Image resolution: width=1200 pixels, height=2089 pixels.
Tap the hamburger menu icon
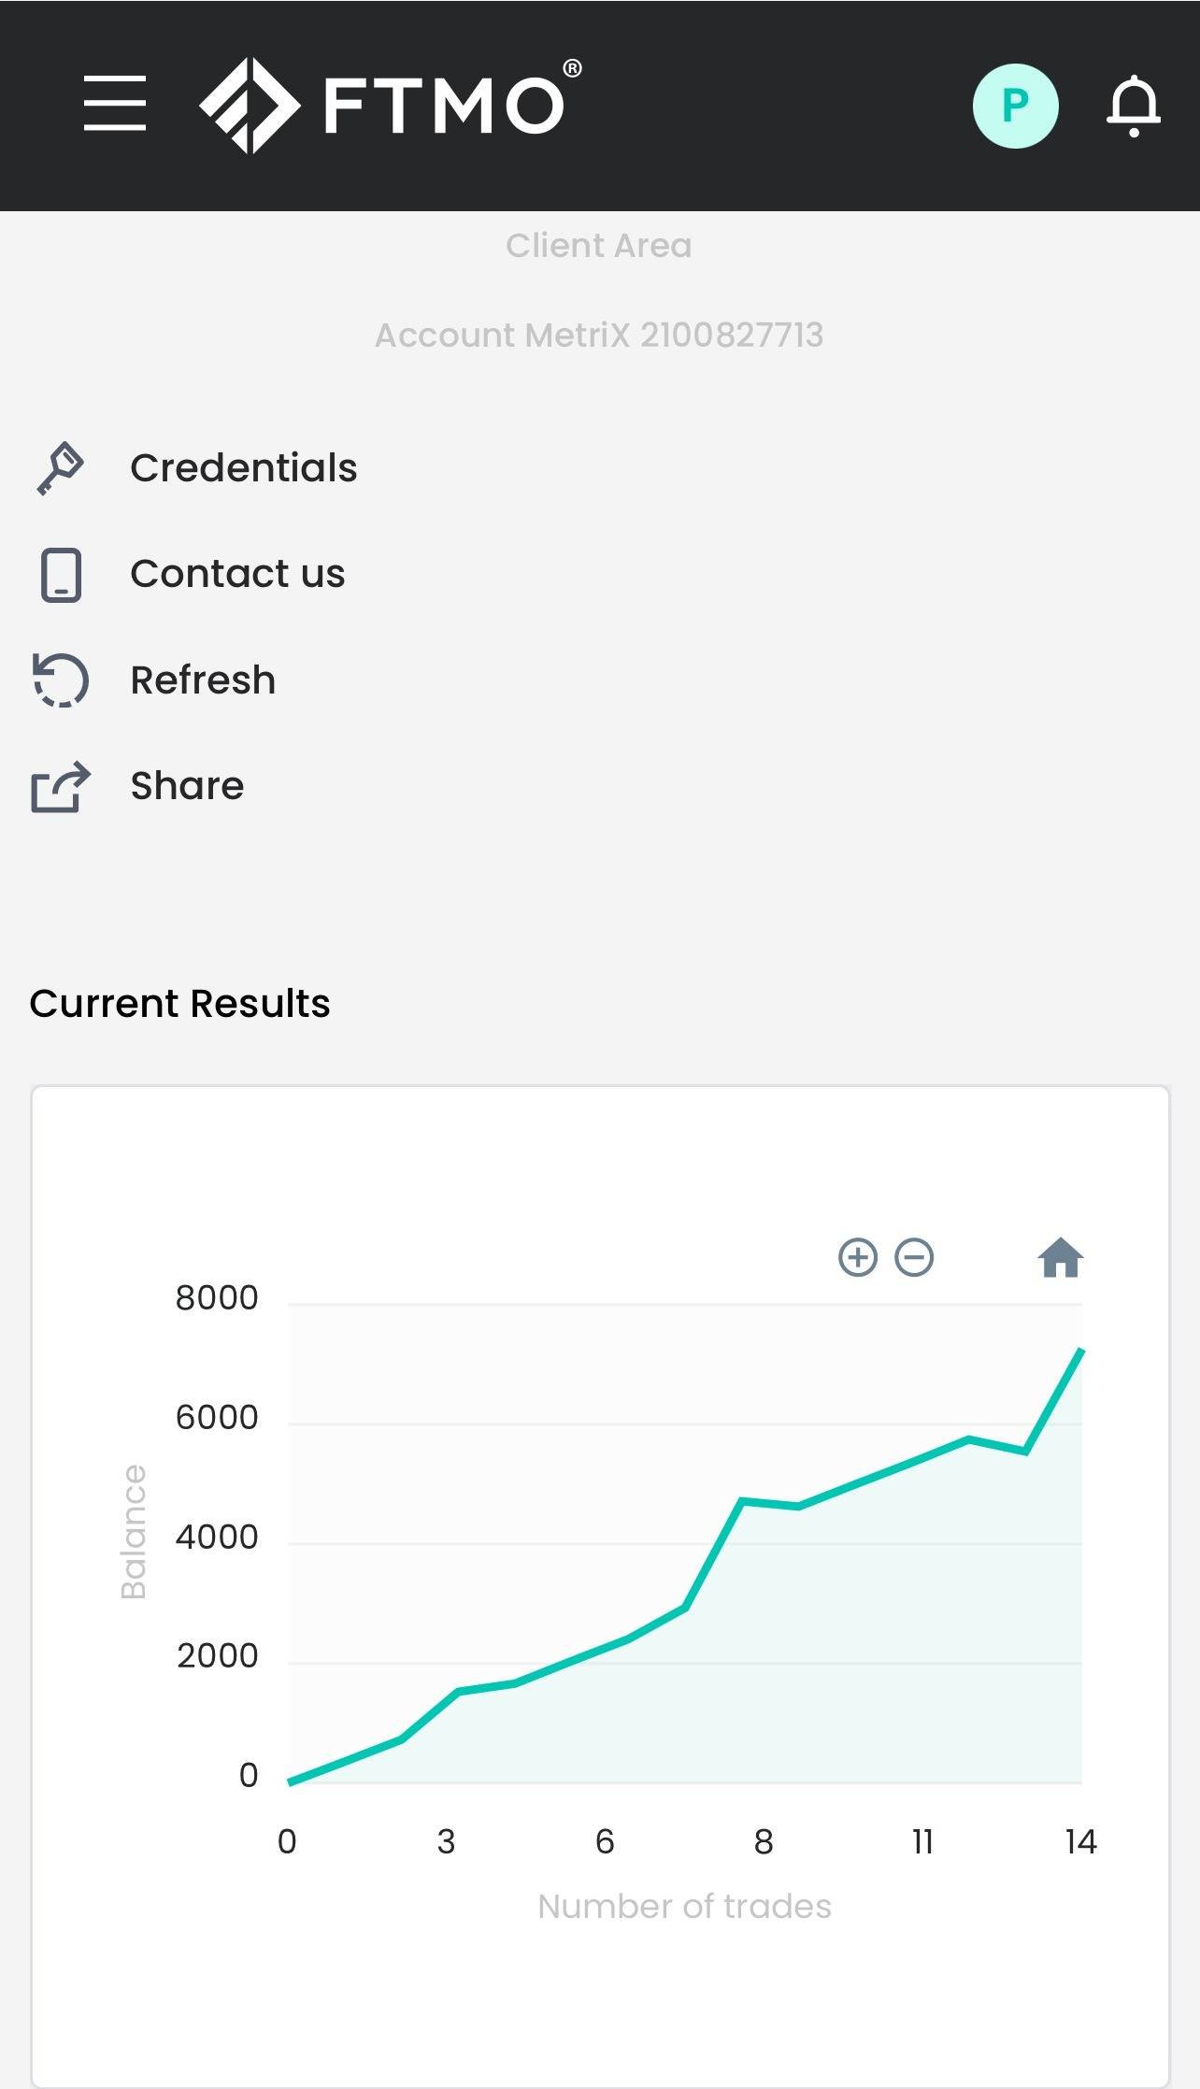click(x=115, y=104)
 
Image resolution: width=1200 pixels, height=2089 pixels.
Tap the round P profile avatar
click(x=1015, y=106)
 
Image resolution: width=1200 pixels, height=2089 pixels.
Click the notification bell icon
click(x=1133, y=106)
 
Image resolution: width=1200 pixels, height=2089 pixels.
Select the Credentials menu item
click(x=243, y=467)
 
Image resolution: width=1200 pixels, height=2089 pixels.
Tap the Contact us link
click(x=237, y=574)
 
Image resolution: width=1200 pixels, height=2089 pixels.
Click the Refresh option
click(x=203, y=680)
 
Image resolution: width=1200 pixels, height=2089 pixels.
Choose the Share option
click(x=187, y=786)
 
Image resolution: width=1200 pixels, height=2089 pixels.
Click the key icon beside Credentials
click(x=61, y=467)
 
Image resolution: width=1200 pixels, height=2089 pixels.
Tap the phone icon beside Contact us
click(x=61, y=575)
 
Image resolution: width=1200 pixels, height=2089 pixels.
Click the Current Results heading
click(x=179, y=1003)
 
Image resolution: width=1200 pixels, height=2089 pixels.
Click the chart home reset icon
click(x=1060, y=1258)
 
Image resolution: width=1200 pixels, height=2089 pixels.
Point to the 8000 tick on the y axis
click(x=217, y=1298)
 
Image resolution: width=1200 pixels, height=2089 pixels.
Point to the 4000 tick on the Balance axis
click(x=217, y=1537)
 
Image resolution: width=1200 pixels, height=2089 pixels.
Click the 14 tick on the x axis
click(x=1080, y=1841)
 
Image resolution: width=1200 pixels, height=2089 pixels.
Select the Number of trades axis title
click(x=684, y=1906)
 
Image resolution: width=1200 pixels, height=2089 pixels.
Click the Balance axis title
click(x=134, y=1532)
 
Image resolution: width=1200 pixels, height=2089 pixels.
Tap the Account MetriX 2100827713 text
click(x=599, y=335)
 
